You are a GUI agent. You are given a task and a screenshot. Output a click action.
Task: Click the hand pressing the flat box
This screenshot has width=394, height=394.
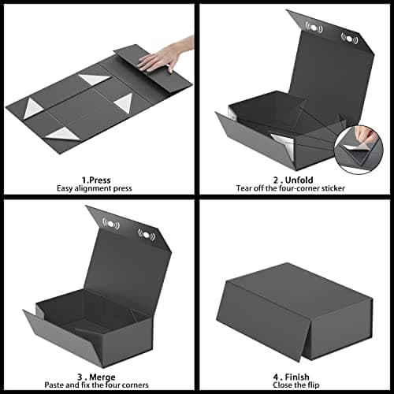[168, 57]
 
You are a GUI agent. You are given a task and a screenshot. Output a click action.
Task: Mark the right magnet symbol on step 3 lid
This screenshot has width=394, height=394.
[146, 234]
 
